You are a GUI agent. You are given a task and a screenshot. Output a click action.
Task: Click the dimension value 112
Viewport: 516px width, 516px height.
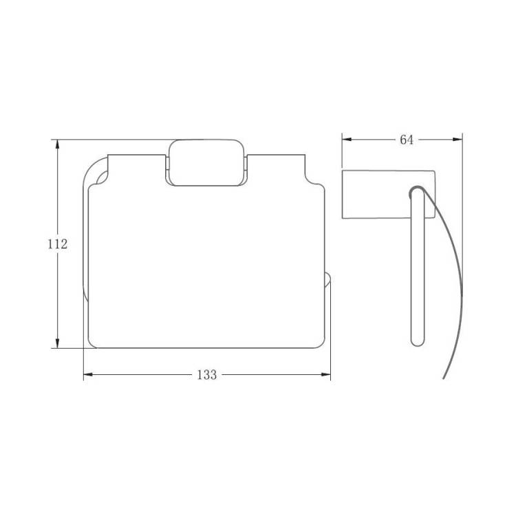58,244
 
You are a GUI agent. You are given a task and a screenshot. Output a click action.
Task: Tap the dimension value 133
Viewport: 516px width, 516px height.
207,374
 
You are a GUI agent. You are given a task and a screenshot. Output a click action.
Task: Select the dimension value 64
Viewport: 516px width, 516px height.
407,140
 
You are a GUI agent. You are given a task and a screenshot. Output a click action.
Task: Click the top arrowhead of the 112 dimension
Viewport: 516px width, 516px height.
58,144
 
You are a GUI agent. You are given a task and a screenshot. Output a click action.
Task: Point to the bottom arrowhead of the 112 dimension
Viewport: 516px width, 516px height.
58,343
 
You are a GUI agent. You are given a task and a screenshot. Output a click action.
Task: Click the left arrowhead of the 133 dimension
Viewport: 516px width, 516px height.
89,374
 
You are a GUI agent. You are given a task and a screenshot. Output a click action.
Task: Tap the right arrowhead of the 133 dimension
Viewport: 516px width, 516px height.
325,374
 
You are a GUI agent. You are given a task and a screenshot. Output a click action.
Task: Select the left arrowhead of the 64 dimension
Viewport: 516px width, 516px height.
347,140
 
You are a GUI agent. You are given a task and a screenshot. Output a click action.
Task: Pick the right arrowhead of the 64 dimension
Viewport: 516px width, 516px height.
458,140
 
